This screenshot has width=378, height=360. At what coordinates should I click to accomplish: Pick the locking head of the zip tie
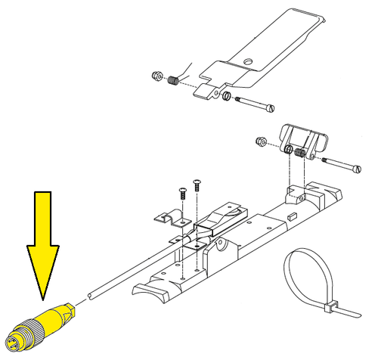pyautogui.click(x=330, y=306)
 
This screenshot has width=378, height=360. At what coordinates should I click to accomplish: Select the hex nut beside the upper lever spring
pyautogui.click(x=155, y=76)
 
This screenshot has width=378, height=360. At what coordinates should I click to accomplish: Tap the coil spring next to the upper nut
pyautogui.click(x=172, y=81)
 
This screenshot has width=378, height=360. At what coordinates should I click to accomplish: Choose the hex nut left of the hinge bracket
pyautogui.click(x=260, y=141)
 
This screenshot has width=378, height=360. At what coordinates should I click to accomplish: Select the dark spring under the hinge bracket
pyautogui.click(x=299, y=154)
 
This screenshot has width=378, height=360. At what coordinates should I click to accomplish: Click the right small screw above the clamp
pyautogui.click(x=198, y=182)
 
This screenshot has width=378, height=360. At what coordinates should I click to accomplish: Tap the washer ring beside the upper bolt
pyautogui.click(x=225, y=95)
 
